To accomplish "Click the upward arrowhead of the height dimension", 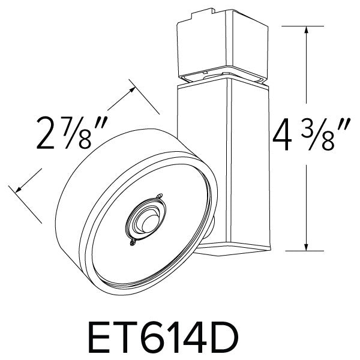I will click(x=307, y=29).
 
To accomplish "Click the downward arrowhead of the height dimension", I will click(x=307, y=247).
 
